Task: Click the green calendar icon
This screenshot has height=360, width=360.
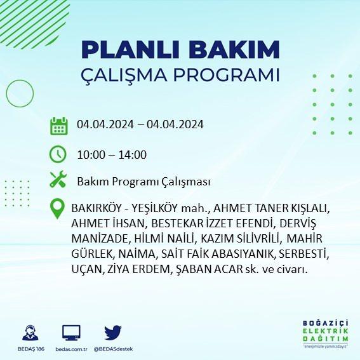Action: [x=59, y=126]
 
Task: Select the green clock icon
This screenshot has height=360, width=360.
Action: [x=58, y=154]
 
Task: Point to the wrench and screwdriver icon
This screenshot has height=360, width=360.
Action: [x=58, y=179]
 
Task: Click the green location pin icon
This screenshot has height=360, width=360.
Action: [x=57, y=208]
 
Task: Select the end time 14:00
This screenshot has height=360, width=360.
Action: [x=133, y=155]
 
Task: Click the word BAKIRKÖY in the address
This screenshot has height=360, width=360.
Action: [x=97, y=208]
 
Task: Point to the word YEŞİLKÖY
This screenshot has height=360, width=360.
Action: [x=154, y=208]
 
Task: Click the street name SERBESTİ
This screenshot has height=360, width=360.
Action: [x=303, y=253]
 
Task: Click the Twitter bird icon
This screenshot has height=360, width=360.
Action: [x=113, y=332]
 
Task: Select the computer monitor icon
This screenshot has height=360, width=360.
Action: [x=71, y=333]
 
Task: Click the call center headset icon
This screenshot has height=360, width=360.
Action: [x=30, y=332]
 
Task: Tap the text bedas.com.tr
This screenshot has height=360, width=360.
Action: [x=71, y=349]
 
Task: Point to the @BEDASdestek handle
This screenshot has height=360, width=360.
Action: [x=113, y=349]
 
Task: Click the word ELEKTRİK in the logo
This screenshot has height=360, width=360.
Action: [x=325, y=331]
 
